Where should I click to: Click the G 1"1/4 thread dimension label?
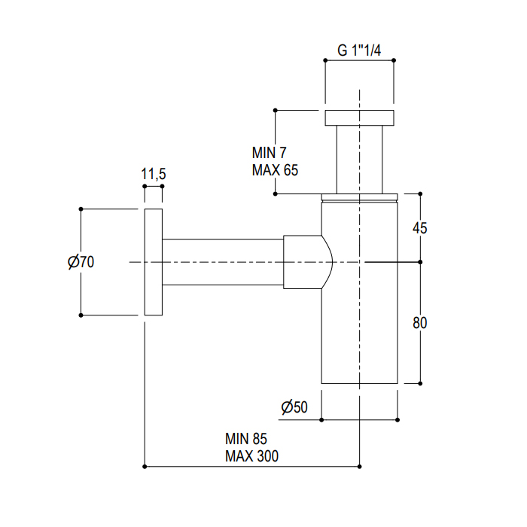(359, 50)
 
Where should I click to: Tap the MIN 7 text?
(269, 153)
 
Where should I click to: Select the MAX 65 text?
(275, 170)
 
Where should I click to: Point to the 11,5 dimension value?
(154, 174)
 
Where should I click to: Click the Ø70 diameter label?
(81, 262)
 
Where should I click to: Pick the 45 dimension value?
(420, 228)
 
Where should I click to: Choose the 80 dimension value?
(420, 323)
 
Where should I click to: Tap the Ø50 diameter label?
(294, 407)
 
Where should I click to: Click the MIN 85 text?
(246, 439)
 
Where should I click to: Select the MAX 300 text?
(251, 456)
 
